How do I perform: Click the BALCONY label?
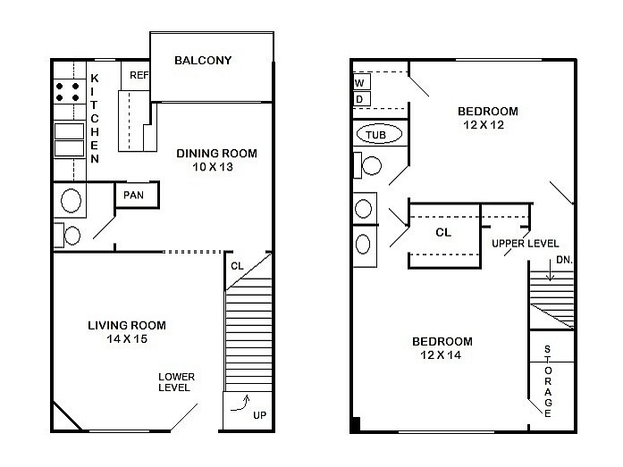(x=203, y=61)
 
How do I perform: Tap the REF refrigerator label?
(x=139, y=76)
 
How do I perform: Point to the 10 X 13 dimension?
(x=212, y=167)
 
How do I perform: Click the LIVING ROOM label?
(x=126, y=325)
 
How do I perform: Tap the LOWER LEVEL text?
(x=176, y=382)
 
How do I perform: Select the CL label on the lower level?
(x=237, y=265)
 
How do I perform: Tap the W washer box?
(x=360, y=83)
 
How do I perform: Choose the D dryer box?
(x=360, y=98)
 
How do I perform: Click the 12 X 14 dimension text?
(x=442, y=355)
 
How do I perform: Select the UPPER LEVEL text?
(x=526, y=244)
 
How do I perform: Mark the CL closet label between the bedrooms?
(x=443, y=232)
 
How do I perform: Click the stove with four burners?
(x=67, y=91)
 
